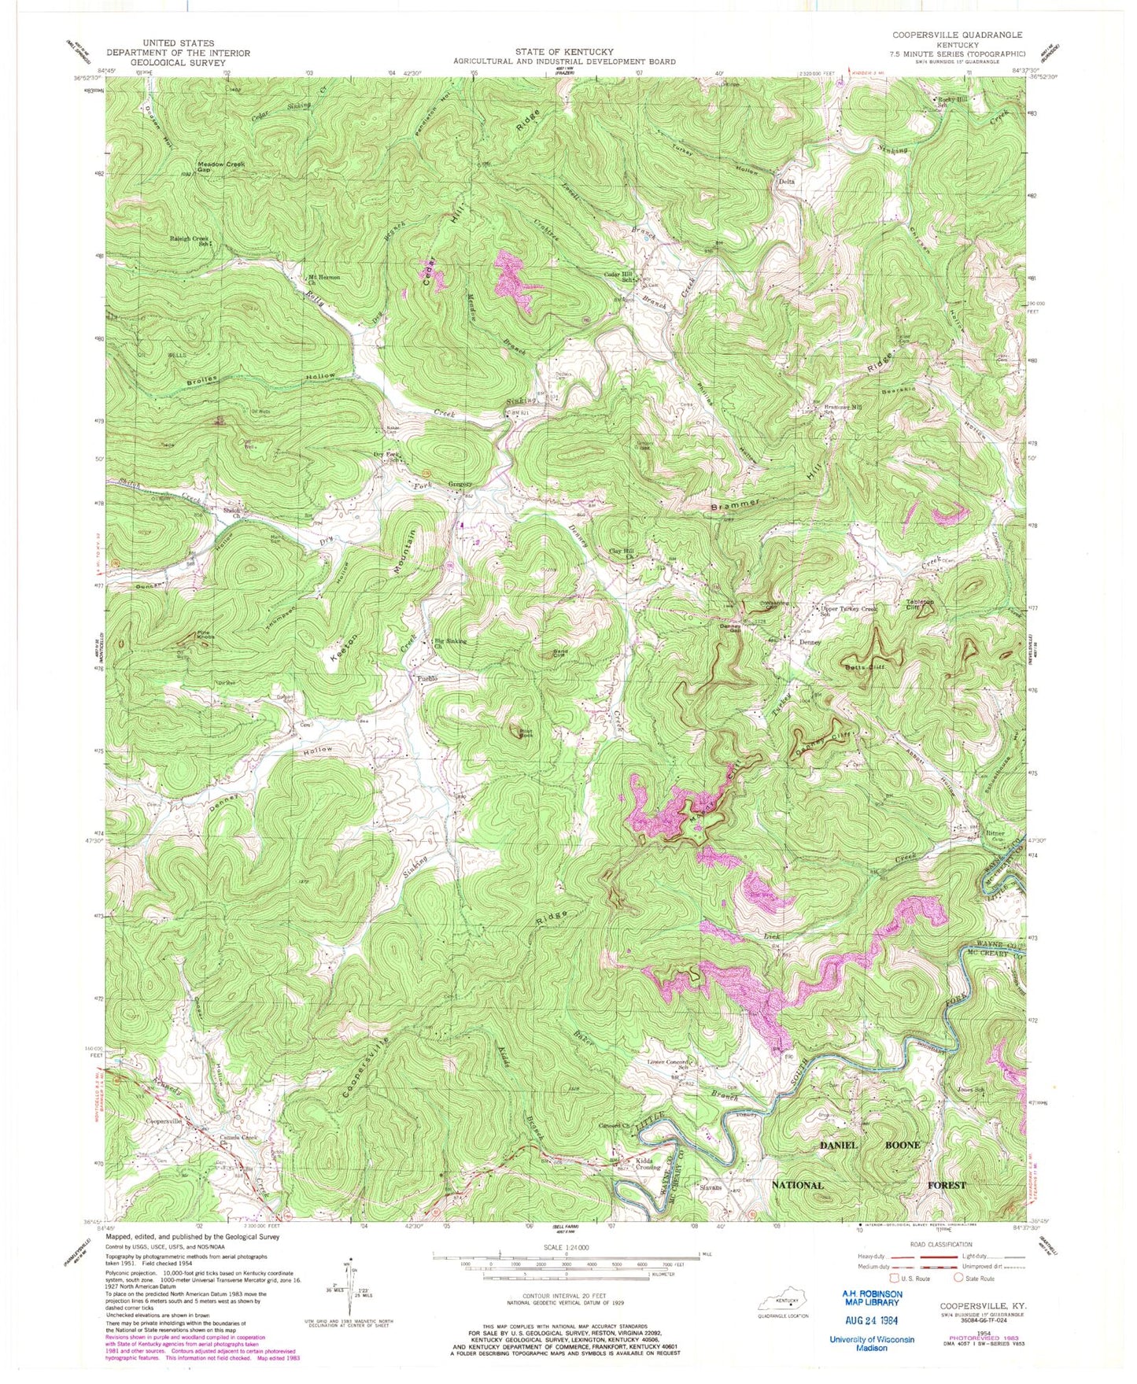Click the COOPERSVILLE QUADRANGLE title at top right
[x=957, y=35]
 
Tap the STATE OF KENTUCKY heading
[x=563, y=51]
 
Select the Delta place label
[x=786, y=182]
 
